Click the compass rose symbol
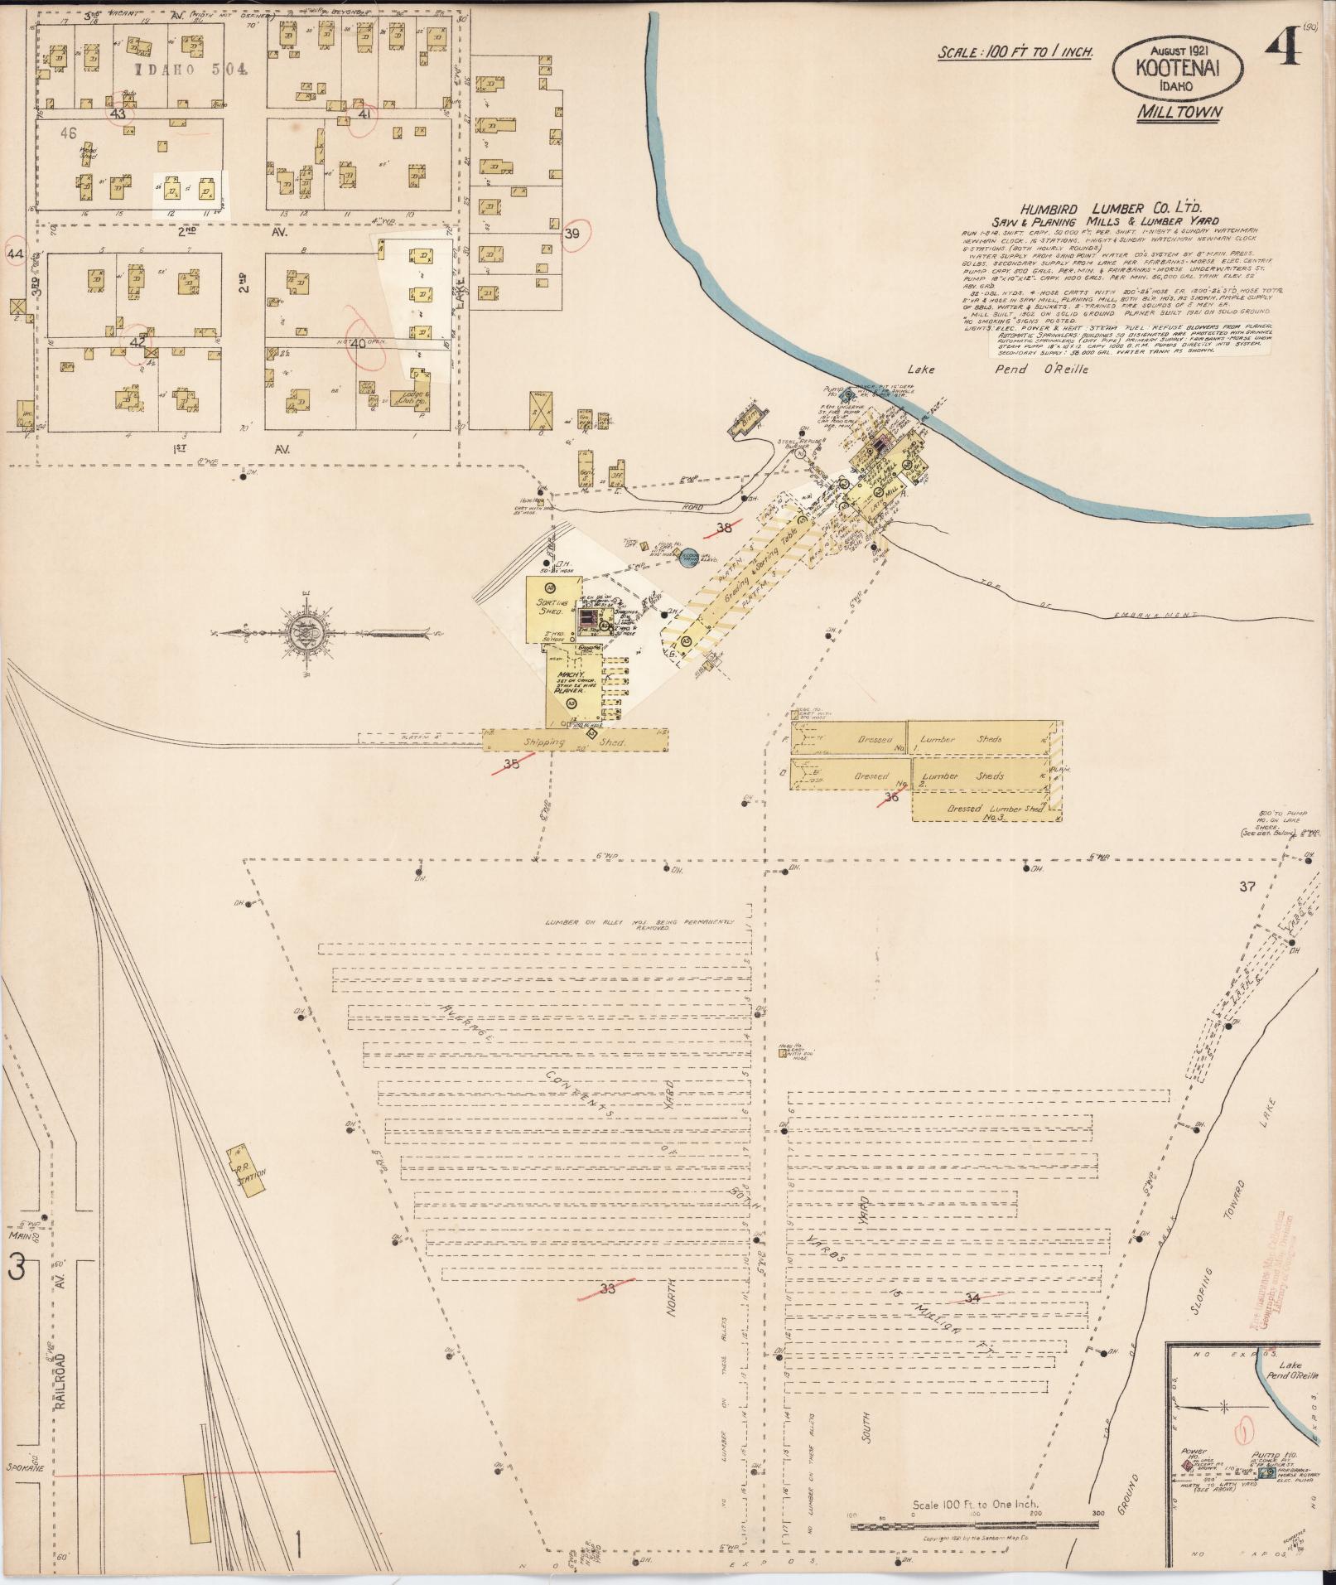[304, 634]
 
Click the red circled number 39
[572, 234]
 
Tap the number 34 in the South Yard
[972, 1298]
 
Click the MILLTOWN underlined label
[1179, 112]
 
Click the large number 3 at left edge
[18, 1268]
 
